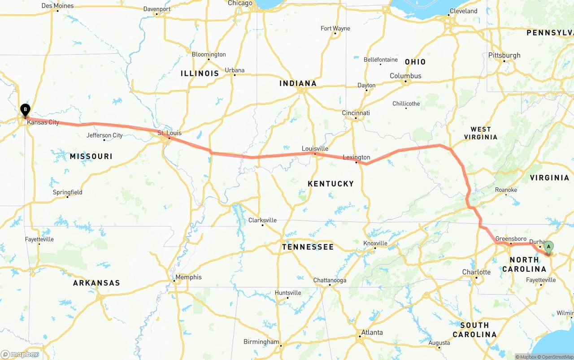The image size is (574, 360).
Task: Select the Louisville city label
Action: click(x=315, y=149)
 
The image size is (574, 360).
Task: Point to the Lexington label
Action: click(x=357, y=157)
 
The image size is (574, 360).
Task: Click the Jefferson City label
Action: click(x=104, y=135)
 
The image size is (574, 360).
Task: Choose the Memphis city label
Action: click(x=188, y=277)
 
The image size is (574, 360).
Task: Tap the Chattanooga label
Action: click(x=330, y=280)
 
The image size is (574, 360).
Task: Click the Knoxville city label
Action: click(x=375, y=243)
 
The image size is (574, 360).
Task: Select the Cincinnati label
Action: click(x=356, y=113)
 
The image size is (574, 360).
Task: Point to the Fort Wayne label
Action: click(x=335, y=29)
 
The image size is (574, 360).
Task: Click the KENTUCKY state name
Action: click(x=331, y=184)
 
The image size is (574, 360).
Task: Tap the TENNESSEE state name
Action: click(x=308, y=247)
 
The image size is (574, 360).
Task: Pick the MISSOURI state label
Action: click(x=91, y=156)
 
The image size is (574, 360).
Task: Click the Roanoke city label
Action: click(x=506, y=190)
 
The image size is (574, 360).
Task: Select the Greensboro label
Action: click(x=511, y=239)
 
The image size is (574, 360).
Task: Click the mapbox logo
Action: click(x=20, y=354)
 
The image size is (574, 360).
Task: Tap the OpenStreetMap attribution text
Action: click(x=557, y=357)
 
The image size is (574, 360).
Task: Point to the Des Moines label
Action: click(x=57, y=6)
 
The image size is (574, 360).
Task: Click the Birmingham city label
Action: click(x=261, y=342)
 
